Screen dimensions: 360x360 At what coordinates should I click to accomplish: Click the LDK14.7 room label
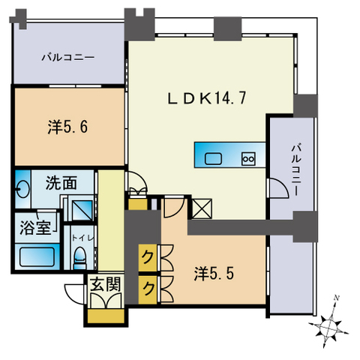click(x=206, y=97)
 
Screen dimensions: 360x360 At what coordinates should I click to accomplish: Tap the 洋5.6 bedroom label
click(x=67, y=127)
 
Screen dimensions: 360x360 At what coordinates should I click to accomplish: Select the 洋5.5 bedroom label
click(x=214, y=274)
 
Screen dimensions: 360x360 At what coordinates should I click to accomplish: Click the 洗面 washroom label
click(x=61, y=183)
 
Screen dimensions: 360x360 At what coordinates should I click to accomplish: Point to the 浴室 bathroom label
click(x=36, y=227)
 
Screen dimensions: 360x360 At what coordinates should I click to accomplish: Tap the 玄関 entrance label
click(x=106, y=284)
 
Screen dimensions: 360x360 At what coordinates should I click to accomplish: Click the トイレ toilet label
click(x=82, y=238)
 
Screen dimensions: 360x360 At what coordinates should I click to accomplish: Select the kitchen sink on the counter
click(x=213, y=158)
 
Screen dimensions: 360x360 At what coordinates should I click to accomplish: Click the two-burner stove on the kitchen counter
click(x=248, y=159)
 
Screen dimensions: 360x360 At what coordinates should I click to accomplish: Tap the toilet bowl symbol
click(x=80, y=257)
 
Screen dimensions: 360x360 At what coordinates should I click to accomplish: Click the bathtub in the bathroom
click(x=37, y=256)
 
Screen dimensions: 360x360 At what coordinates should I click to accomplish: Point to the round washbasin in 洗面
click(x=23, y=189)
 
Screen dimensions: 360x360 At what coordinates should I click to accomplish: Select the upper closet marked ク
click(x=148, y=258)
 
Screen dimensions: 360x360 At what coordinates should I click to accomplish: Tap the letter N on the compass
click(x=337, y=298)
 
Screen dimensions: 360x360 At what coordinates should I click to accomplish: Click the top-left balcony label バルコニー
click(x=68, y=58)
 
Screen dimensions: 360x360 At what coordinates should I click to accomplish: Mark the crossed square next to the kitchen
click(x=202, y=208)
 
